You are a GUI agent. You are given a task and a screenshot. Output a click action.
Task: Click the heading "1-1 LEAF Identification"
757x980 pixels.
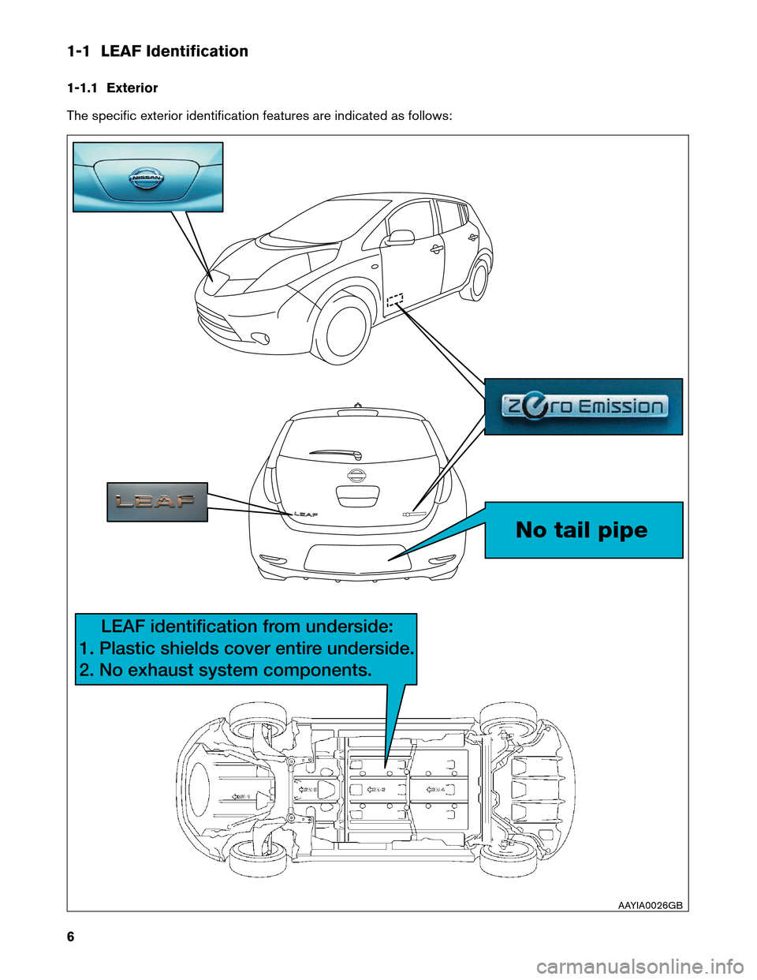[x=158, y=51]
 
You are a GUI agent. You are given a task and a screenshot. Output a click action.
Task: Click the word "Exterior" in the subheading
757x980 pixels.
[x=132, y=88]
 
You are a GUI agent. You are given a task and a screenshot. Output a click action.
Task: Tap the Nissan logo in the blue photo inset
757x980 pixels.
[x=146, y=178]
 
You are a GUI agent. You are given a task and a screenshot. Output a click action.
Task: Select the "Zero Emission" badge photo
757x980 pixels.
[x=584, y=406]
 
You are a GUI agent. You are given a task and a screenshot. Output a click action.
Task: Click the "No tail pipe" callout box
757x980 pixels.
[x=584, y=530]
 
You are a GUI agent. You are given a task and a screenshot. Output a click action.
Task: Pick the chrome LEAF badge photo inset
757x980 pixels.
[x=157, y=502]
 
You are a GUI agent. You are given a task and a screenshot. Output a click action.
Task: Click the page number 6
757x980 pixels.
[x=71, y=937]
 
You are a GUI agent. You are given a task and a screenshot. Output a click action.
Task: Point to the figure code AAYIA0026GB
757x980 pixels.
[x=650, y=905]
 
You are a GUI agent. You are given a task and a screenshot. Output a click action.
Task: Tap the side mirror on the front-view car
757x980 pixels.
[x=400, y=237]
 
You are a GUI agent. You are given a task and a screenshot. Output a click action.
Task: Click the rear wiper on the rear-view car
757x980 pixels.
[x=336, y=453]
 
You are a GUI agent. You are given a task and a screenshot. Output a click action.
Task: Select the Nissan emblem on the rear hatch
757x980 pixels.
[x=357, y=475]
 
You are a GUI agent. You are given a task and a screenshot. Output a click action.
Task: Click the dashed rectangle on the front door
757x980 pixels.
[x=395, y=299]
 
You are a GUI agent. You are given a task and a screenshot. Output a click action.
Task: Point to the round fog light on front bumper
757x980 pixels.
[x=259, y=339]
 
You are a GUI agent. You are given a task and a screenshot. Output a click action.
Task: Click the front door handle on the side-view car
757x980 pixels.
[x=436, y=249]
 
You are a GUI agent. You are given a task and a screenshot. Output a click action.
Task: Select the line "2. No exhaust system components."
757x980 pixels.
[x=226, y=671]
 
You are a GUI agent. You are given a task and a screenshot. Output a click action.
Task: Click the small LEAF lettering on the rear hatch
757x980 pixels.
[x=306, y=514]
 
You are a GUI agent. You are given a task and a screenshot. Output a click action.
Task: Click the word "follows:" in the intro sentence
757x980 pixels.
[x=430, y=116]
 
